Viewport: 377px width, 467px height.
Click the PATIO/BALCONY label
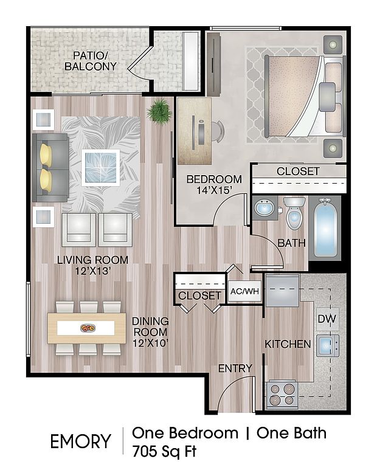click(90, 61)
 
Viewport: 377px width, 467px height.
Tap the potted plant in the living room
click(159, 111)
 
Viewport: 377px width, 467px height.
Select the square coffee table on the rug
click(100, 168)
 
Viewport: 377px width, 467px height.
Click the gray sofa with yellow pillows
click(50, 168)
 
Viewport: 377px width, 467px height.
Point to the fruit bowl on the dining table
click(88, 328)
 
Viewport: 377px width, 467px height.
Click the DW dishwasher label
click(327, 319)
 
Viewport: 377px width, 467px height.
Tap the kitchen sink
click(328, 345)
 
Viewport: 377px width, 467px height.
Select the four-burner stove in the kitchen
click(282, 394)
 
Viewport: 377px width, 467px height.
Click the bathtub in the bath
click(325, 229)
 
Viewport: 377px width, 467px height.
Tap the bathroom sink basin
click(265, 207)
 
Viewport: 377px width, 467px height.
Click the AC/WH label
click(244, 291)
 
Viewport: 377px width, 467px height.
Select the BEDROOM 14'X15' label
click(214, 184)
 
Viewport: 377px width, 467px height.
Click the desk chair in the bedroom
click(218, 131)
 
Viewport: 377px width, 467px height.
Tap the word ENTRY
click(235, 368)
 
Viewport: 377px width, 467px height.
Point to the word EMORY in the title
click(80, 441)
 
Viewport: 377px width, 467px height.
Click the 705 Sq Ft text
click(164, 452)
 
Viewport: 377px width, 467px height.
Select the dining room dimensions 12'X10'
click(150, 343)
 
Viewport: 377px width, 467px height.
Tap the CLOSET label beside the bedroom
click(298, 171)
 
